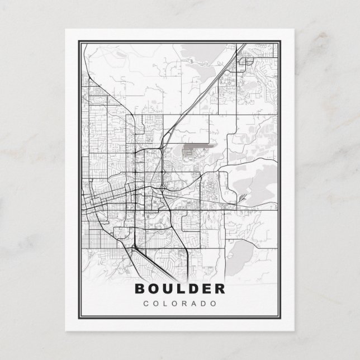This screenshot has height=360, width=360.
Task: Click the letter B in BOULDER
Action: pos(139,289)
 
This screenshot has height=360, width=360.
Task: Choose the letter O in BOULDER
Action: pos(153,289)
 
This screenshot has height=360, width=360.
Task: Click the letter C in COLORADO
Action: pos(146,304)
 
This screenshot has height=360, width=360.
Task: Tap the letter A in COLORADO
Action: pos(194,304)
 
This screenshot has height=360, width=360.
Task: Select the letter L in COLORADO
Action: pos(165,304)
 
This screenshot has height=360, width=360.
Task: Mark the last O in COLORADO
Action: pos(214,304)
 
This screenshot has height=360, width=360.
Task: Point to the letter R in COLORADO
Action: pos(184,304)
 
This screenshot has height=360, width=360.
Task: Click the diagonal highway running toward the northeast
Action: pos(201,95)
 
